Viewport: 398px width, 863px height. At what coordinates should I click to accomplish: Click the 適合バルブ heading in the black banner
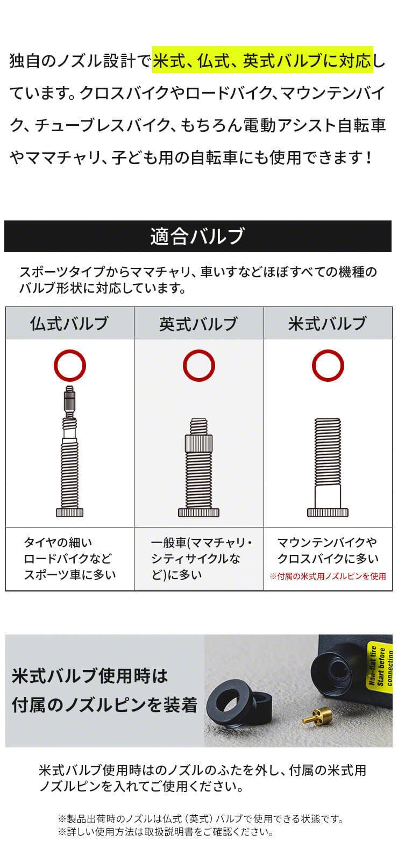[x=197, y=236]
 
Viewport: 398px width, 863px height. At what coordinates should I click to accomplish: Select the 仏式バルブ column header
[x=69, y=323]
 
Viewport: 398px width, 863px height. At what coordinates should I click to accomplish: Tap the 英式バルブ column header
[x=198, y=323]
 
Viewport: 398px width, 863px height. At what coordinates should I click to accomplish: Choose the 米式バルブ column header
[x=328, y=323]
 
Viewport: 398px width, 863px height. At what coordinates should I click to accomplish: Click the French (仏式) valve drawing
[x=70, y=451]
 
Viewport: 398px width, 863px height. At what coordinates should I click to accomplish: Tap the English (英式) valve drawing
[x=199, y=468]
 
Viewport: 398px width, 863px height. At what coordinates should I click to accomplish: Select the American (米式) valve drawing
[x=328, y=468]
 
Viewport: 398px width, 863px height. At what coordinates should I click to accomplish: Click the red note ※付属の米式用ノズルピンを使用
[x=328, y=576]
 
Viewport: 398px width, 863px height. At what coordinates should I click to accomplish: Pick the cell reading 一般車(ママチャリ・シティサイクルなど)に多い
[x=201, y=558]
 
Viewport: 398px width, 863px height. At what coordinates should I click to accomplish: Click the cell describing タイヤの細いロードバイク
[x=70, y=558]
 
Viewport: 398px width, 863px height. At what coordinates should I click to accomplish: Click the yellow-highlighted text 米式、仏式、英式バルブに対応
[x=263, y=60]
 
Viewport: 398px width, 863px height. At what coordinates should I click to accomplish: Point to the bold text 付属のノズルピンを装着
[x=104, y=705]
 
